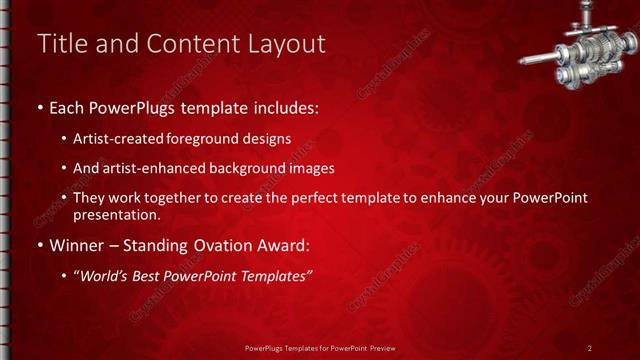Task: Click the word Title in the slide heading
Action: pyautogui.click(x=61, y=44)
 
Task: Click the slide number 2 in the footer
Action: pyautogui.click(x=590, y=347)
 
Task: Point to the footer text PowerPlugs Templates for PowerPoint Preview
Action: pyautogui.click(x=319, y=347)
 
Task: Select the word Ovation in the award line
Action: pyautogui.click(x=222, y=245)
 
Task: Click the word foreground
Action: pyautogui.click(x=208, y=138)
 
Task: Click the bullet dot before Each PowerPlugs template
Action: pyautogui.click(x=39, y=106)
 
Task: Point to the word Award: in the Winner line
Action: pyautogui.click(x=283, y=245)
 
